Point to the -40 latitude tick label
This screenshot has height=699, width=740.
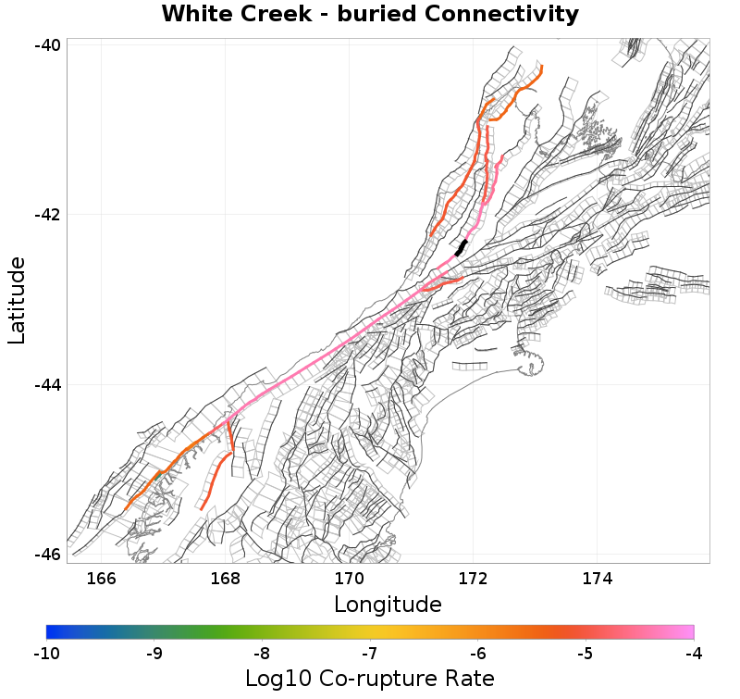[48, 45]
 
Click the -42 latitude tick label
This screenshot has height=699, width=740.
[48, 215]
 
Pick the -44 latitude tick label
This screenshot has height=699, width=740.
[48, 384]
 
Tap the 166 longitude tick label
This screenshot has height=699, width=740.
[101, 580]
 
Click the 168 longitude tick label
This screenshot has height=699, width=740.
[226, 580]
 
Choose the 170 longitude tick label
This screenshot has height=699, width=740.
[350, 580]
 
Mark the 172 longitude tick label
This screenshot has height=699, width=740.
[474, 580]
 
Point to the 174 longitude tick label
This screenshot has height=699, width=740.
[598, 580]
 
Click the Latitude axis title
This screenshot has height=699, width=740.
[17, 301]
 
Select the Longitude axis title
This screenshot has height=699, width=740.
[388, 605]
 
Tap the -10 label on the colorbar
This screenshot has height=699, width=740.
[46, 655]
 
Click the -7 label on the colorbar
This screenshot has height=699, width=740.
[370, 655]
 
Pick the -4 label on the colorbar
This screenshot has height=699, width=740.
[694, 655]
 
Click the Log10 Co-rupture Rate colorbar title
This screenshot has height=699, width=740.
[370, 679]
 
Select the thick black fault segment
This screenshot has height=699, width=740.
[462, 247]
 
